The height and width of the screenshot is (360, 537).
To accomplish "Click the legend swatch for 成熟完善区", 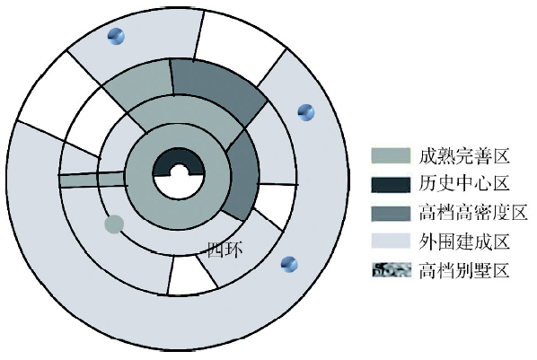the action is click(x=391, y=156).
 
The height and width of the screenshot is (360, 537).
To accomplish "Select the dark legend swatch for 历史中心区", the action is click(x=391, y=185).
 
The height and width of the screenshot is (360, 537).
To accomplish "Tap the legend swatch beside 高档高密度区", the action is click(x=391, y=214).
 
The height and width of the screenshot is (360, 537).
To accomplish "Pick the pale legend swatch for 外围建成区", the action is click(x=391, y=241).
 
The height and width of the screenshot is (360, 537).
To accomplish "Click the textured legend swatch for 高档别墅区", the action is click(x=392, y=270).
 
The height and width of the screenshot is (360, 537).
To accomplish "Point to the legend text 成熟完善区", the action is click(x=464, y=156).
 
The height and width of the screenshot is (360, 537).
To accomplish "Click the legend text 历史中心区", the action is click(x=464, y=183).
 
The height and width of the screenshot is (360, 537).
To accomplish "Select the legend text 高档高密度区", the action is click(x=473, y=213).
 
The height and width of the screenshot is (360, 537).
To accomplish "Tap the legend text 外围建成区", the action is click(x=464, y=241).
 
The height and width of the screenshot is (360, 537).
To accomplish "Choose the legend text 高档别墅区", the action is click(x=464, y=270).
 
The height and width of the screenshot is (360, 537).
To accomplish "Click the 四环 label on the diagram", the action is click(x=225, y=250).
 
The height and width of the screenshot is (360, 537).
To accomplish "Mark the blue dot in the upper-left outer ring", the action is click(x=116, y=36).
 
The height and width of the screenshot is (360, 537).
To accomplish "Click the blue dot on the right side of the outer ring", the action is click(x=306, y=112).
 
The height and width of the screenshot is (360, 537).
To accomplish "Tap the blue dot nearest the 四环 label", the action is click(x=289, y=265).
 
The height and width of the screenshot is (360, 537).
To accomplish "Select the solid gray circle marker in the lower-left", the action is click(x=114, y=224).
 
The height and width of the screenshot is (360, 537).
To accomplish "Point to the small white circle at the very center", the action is click(x=179, y=171).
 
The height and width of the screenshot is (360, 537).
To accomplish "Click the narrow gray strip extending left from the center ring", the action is click(x=92, y=180).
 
